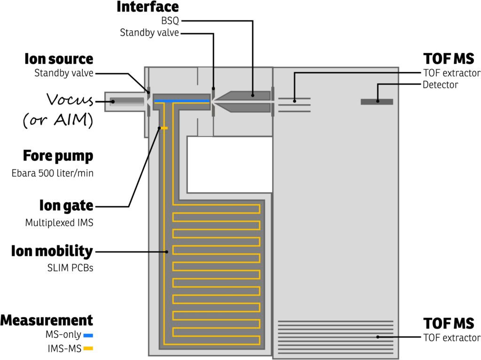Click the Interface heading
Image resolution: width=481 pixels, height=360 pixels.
coord(147,7)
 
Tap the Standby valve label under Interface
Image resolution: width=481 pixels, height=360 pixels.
coord(149,33)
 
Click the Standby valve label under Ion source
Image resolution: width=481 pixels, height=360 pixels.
coord(63,73)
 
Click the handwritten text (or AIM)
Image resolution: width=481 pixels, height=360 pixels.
coord(57,121)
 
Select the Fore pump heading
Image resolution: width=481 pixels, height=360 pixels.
coord(58,156)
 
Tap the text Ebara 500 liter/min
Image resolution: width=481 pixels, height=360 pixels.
coord(52,173)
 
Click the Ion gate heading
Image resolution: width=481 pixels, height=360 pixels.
coord(66,206)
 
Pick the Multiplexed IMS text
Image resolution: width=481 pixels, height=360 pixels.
coord(59,223)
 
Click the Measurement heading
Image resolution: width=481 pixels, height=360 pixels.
coord(47,321)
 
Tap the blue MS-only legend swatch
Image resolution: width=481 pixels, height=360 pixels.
coord(88,336)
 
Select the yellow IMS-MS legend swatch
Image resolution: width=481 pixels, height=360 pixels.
coord(88,349)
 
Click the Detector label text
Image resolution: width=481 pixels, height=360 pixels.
coord(440,85)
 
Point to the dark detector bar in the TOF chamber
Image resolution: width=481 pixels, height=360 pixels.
coord(377,101)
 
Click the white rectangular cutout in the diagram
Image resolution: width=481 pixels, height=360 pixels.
coord(230,164)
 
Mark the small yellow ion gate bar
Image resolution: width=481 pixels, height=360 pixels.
coord(163,128)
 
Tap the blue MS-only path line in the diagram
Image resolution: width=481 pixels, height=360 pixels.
coord(181,101)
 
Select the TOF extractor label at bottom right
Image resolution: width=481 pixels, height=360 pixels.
coord(451,337)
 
